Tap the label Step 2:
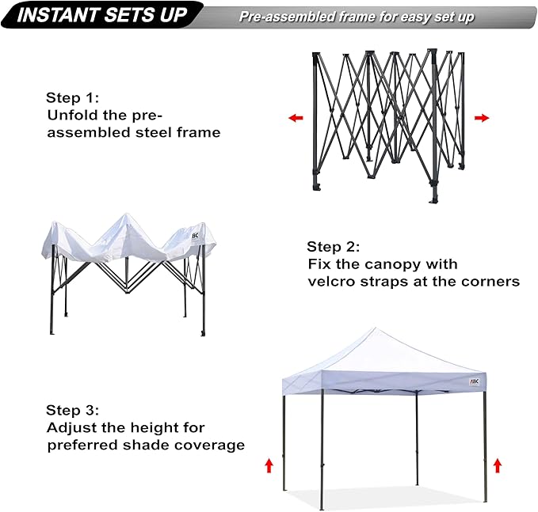coord(334,246)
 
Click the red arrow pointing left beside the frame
coord(296,118)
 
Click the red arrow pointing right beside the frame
coord(482,118)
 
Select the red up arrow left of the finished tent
coord(269,465)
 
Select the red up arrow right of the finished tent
coord(498,465)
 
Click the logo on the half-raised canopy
coord(197,235)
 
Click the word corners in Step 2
coord(493,281)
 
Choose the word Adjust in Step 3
coord(71,427)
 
